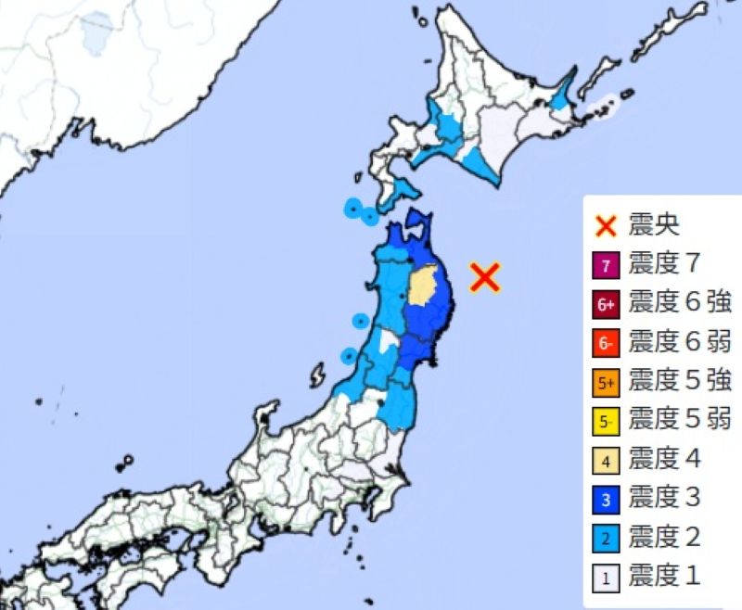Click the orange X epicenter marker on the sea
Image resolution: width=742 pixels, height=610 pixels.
485,276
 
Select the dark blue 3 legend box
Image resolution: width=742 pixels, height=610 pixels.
606,500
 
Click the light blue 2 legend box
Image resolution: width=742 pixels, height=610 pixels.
606,539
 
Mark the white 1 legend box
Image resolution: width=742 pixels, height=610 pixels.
606,578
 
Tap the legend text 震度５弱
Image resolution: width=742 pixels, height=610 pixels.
680,421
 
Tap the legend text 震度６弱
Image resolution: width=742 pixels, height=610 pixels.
680,343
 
